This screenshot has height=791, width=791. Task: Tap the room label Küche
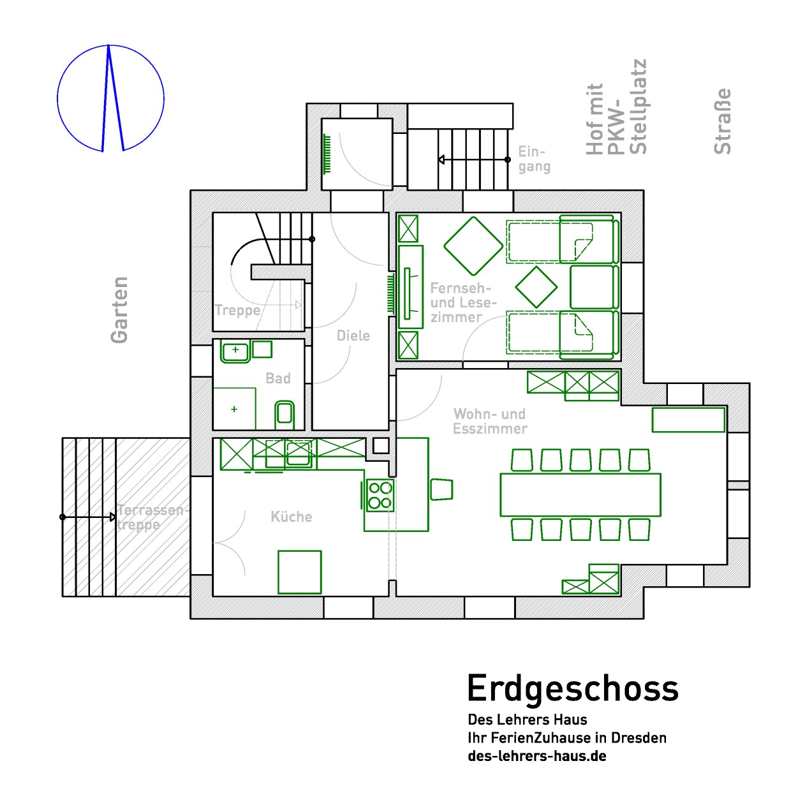[x=291, y=517]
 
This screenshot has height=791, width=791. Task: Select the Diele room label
[x=353, y=336]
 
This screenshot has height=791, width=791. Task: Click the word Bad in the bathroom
[x=278, y=378]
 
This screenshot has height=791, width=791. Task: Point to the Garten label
[x=119, y=310]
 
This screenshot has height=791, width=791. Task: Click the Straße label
[x=723, y=121]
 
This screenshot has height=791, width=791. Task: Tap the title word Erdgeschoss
[x=573, y=688]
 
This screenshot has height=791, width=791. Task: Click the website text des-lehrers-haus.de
[x=537, y=756]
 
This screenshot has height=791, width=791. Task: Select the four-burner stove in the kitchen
[x=380, y=495]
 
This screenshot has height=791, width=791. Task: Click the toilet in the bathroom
[x=284, y=414]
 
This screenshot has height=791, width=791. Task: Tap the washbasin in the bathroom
[x=235, y=351]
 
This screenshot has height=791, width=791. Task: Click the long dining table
[x=580, y=494]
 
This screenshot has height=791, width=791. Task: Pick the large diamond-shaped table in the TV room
[x=473, y=246]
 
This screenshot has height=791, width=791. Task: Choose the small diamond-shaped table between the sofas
[x=536, y=287]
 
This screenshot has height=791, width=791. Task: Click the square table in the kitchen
[x=300, y=572]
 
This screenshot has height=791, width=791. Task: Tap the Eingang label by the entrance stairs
[x=534, y=159]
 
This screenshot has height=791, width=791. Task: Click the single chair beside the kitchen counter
[x=441, y=489]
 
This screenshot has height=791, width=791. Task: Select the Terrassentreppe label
[x=152, y=517]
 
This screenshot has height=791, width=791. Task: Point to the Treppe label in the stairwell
[x=238, y=310]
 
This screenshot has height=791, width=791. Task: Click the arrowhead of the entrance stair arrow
[x=441, y=159]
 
